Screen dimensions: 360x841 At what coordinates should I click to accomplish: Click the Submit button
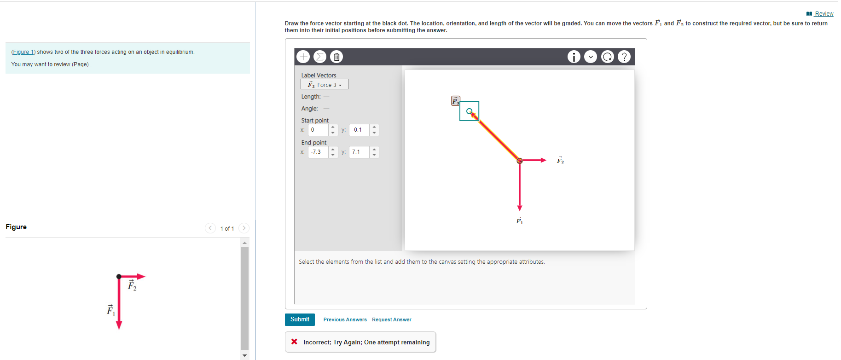click(300, 319)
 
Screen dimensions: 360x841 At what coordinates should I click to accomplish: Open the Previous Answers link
click(345, 319)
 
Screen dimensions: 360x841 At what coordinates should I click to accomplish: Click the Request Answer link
click(391, 319)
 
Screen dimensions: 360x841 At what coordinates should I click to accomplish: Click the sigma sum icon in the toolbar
click(320, 57)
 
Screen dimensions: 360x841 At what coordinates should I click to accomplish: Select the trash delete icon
click(336, 57)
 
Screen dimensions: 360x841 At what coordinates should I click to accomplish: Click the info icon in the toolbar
click(574, 57)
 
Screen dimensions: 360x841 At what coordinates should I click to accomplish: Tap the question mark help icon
click(624, 57)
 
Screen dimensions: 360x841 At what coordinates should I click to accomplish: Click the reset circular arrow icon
click(608, 57)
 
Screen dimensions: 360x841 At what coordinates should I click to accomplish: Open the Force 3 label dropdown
click(325, 85)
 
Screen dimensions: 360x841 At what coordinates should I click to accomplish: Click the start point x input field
click(319, 130)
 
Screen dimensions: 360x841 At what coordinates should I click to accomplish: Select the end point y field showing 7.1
click(359, 152)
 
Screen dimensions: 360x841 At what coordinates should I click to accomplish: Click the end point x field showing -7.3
click(319, 152)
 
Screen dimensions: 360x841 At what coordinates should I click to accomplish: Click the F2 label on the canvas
click(560, 160)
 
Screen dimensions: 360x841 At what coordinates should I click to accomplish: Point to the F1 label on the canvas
click(519, 221)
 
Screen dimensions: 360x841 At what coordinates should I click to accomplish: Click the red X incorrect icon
click(294, 342)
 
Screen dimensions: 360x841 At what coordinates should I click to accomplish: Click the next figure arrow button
click(244, 228)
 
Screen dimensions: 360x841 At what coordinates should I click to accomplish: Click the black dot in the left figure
click(119, 276)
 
